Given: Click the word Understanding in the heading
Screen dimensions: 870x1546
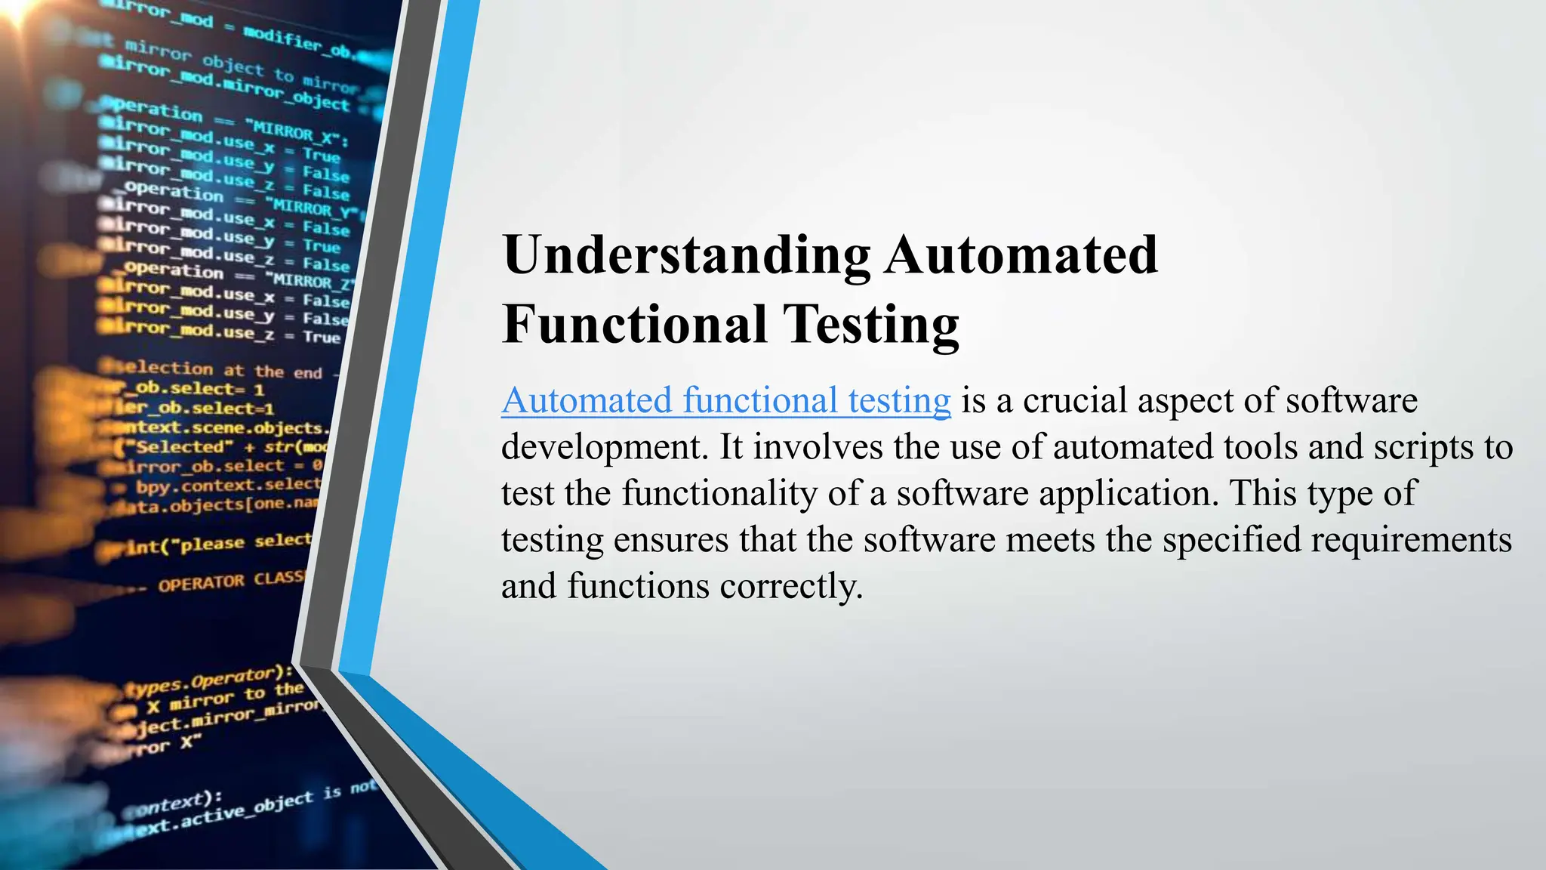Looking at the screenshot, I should [x=686, y=256].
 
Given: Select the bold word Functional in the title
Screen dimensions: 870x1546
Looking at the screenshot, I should [x=634, y=325].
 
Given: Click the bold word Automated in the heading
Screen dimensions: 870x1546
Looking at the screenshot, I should [x=1021, y=255].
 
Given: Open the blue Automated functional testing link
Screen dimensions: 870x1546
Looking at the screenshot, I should [x=725, y=400].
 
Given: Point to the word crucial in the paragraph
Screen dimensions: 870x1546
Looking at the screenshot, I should [x=1075, y=400].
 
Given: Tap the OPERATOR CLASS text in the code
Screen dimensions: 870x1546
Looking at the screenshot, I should [x=230, y=581].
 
